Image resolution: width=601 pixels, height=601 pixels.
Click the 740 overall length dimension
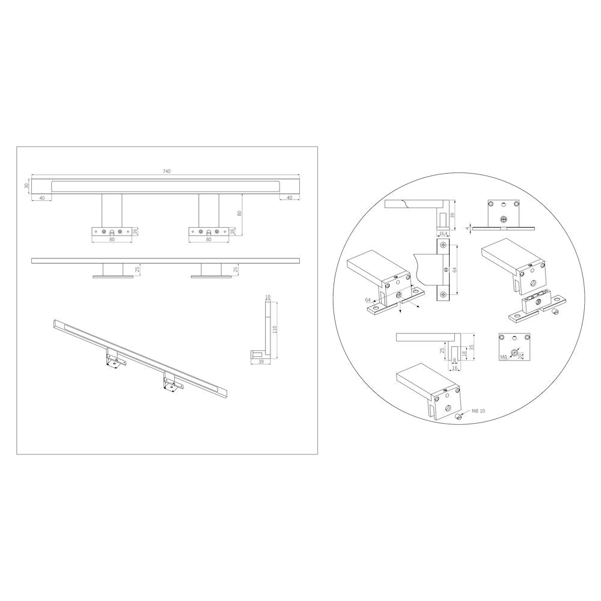point(166,171)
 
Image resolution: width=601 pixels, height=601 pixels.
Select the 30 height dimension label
point(26,186)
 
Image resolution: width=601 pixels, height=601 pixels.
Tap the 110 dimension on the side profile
point(275,329)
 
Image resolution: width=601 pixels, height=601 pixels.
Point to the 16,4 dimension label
point(442,233)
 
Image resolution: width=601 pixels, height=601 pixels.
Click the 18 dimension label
point(464,353)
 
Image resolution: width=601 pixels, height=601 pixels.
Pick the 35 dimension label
point(472,347)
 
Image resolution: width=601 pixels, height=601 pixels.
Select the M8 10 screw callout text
point(478,411)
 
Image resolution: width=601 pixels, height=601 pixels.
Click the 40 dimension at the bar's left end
point(41,197)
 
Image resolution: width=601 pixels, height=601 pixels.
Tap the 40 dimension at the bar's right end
point(290,197)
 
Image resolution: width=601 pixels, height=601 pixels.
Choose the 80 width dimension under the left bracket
point(112,240)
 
